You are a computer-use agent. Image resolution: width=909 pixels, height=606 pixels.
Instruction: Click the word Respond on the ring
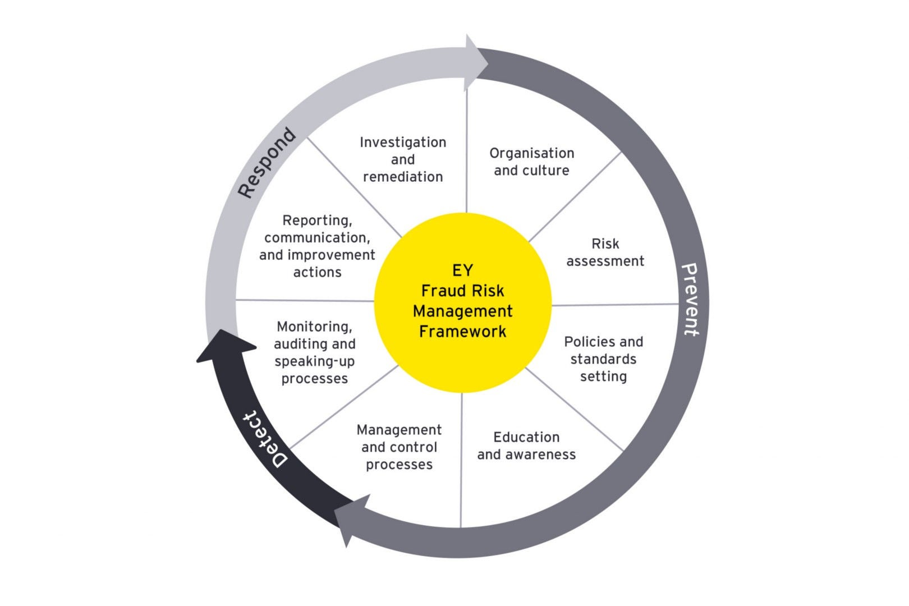[x=267, y=163]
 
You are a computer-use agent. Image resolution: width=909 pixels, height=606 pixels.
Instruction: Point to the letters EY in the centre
[x=462, y=270]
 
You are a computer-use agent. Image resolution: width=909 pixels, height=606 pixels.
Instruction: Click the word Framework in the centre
[x=462, y=332]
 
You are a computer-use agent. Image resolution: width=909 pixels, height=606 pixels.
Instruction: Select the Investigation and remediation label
[x=403, y=159]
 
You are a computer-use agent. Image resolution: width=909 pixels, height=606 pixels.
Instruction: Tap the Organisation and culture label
[x=531, y=162]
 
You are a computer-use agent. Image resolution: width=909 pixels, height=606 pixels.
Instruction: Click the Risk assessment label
[x=605, y=252]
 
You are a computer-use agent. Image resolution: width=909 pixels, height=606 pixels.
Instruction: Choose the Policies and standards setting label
[x=603, y=359]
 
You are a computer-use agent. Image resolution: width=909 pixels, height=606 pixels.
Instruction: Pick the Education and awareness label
[x=526, y=446]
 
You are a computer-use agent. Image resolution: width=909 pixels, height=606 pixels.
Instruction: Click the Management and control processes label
[x=399, y=447]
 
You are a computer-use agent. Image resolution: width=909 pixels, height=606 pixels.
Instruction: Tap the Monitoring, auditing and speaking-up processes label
[x=314, y=352]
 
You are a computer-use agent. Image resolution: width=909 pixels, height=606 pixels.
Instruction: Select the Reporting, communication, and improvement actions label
[x=317, y=246]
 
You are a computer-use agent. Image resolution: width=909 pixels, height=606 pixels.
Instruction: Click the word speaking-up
[x=314, y=361]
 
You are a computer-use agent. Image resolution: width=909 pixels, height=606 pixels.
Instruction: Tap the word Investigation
[x=403, y=143]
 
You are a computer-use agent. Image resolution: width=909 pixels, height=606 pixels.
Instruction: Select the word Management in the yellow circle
[x=462, y=311]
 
